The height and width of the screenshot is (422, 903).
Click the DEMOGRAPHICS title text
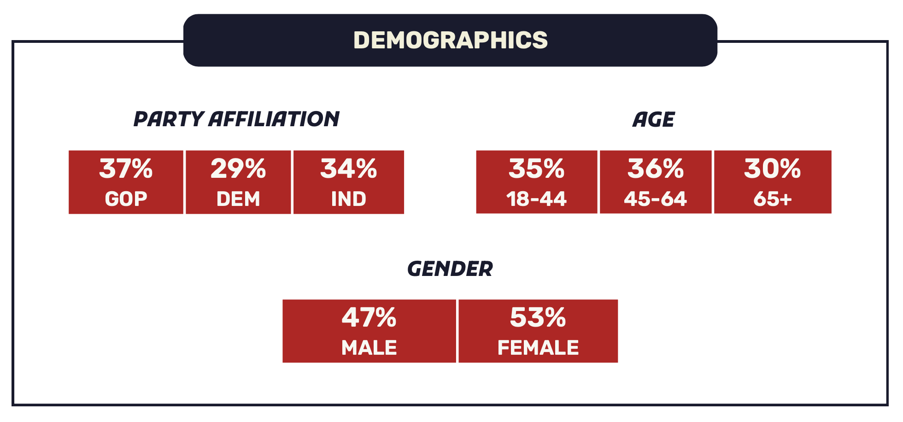pos(450,40)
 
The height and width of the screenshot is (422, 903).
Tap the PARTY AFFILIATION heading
pos(236,119)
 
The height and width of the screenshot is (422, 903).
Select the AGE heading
pos(653,120)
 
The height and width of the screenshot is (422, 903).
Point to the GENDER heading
pos(450,269)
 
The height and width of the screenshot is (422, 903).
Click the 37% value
pos(126,169)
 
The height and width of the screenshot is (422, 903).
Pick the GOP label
pos(126,199)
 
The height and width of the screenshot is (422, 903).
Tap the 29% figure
pos(238,169)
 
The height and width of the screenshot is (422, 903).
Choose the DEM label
pos(238,199)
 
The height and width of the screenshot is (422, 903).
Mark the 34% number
pos(349,169)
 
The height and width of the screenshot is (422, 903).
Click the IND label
pos(349,199)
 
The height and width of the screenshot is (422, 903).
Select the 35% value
pos(537,169)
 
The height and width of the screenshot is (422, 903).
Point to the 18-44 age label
pos(537,199)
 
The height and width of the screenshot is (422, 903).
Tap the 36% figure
pos(656,169)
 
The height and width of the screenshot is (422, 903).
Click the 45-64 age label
pos(656,199)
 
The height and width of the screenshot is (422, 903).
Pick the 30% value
pos(773,169)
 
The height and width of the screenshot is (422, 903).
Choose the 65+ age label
pos(773,199)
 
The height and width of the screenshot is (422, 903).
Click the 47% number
pos(369,318)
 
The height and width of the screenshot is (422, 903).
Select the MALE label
pos(369,348)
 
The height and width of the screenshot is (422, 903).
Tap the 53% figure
pos(538,318)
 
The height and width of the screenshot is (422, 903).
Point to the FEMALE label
pos(538,348)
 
